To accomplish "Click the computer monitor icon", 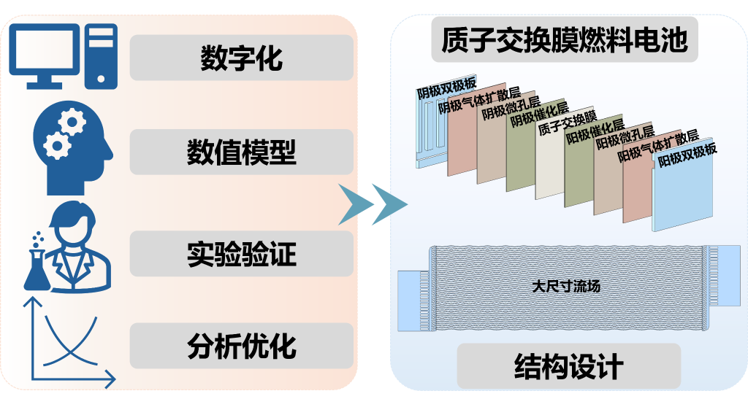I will point(44,51).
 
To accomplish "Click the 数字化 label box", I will point(241,58).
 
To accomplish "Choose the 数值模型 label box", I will point(241,153).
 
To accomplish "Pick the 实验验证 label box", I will point(241,255).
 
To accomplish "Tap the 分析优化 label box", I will point(241,345).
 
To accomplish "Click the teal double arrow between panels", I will point(373,204).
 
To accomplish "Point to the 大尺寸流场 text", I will point(566,287).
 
